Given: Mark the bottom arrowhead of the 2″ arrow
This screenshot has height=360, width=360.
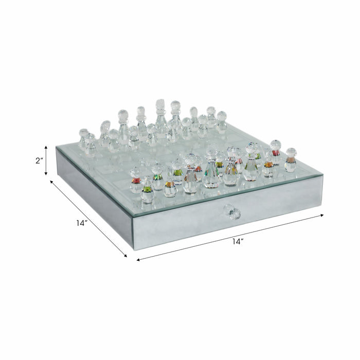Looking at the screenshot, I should [x=46, y=174].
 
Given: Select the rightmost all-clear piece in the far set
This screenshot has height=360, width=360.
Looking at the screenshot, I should [x=221, y=122].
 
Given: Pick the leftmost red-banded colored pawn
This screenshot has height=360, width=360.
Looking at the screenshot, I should [x=136, y=181].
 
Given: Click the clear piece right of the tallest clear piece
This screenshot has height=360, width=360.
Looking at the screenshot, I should [x=175, y=114].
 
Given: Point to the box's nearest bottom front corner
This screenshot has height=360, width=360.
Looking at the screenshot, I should [x=133, y=249].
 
